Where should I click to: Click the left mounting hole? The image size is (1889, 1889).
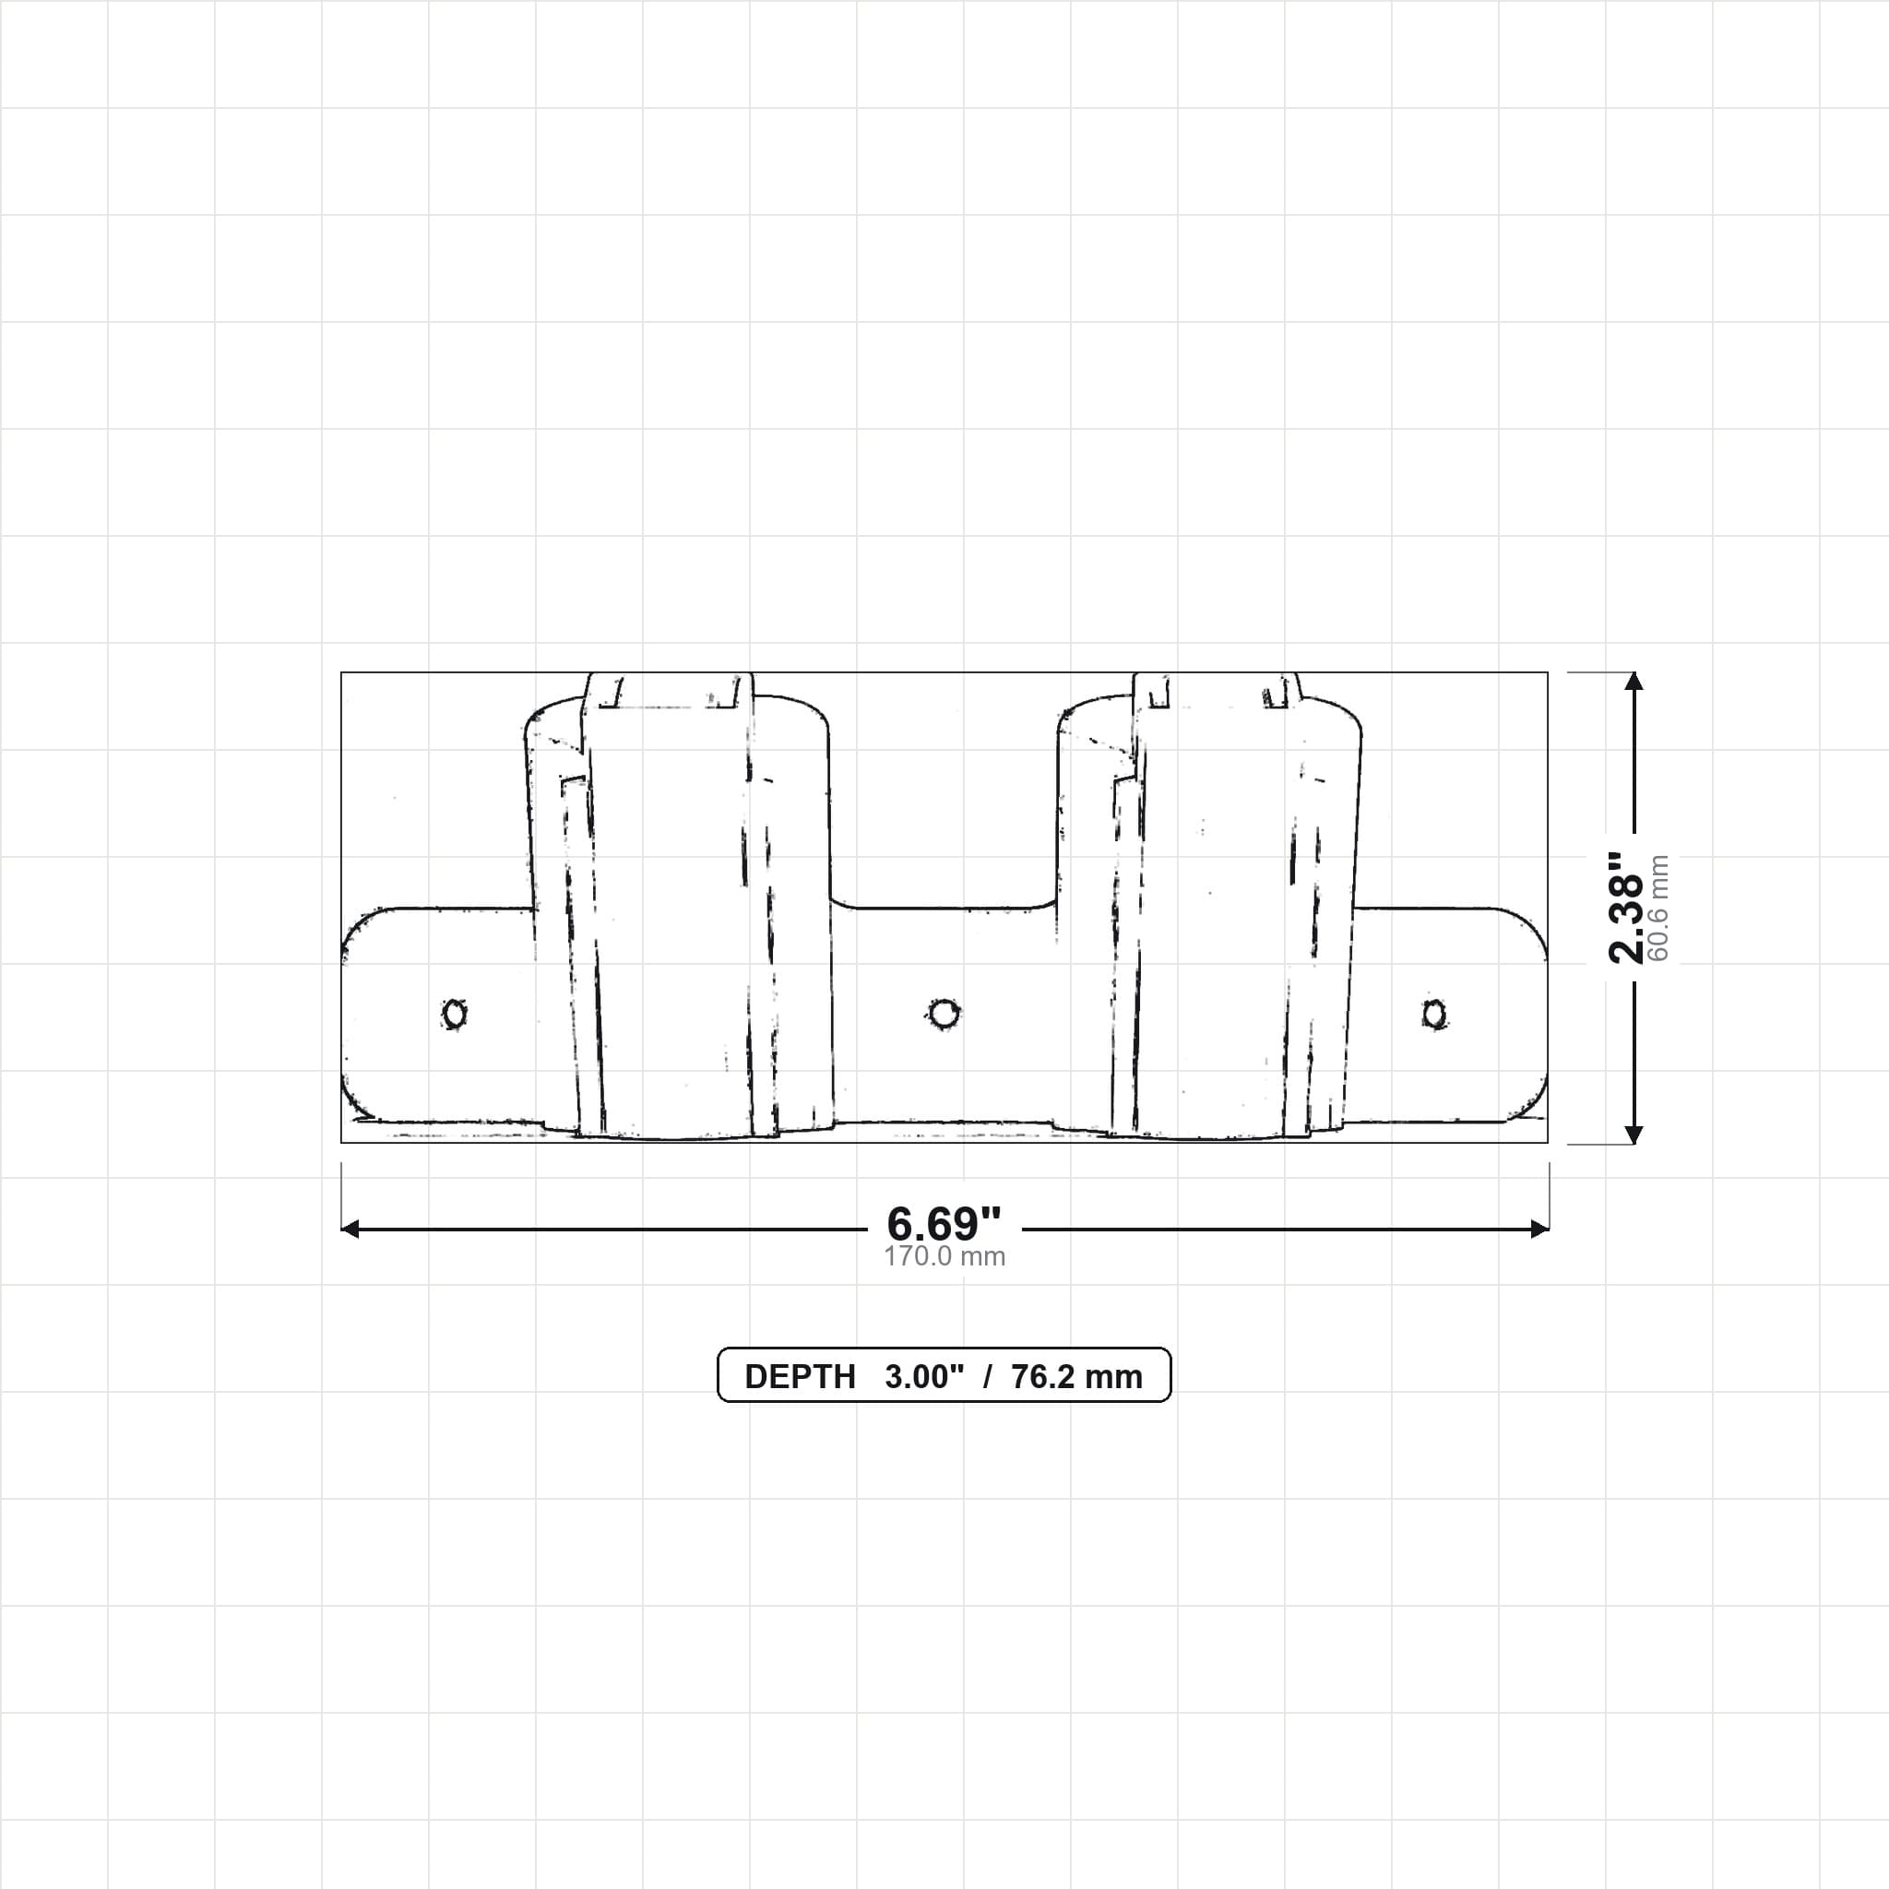point(455,1014)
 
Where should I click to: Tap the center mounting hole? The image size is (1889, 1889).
point(944,1014)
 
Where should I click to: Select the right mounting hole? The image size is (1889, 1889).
point(1434,1014)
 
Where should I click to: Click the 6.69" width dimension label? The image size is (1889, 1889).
point(944,1223)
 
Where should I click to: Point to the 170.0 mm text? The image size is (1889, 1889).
point(944,1256)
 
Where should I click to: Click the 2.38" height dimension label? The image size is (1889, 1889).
point(1627,908)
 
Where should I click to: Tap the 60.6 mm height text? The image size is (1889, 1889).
point(1658,909)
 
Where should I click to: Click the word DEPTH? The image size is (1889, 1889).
point(800,1377)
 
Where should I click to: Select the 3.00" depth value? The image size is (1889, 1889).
point(924,1377)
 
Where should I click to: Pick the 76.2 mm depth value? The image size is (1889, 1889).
point(1076,1377)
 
